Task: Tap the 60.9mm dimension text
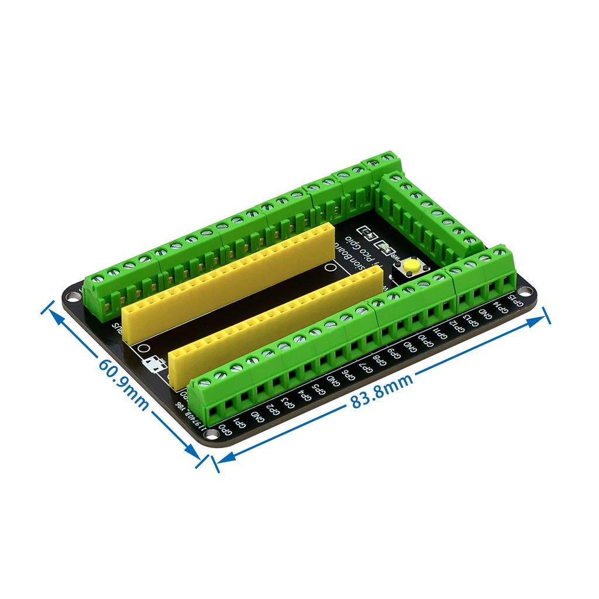(x=122, y=383)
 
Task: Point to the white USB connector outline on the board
(x=156, y=364)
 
